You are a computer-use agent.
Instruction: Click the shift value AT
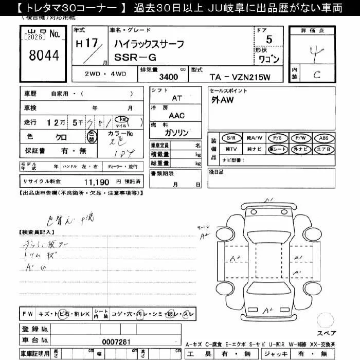[x=176, y=98]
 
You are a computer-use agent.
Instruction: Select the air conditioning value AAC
[x=176, y=116]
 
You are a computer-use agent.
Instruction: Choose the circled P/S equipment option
[x=278, y=138]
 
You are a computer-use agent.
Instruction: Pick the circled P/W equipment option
[x=301, y=138]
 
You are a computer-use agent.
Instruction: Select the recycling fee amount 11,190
[x=96, y=182]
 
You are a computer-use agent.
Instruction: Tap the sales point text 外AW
[x=222, y=101]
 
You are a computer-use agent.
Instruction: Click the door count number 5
[x=269, y=39]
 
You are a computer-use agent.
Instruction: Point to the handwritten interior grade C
[x=317, y=74]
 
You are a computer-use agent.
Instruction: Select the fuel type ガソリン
[x=176, y=132]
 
